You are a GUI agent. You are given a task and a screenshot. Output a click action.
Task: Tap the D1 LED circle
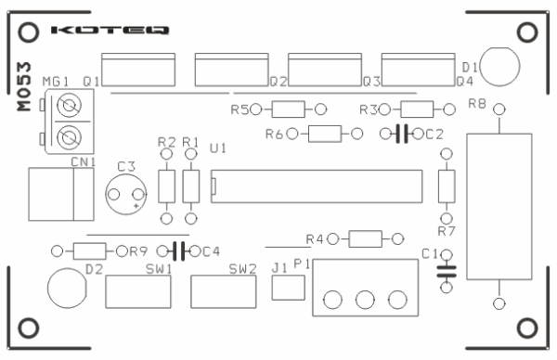pos(500,67)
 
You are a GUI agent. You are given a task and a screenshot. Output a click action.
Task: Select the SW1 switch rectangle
pos(138,293)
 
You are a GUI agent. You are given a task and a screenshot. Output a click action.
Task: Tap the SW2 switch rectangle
pos(224,293)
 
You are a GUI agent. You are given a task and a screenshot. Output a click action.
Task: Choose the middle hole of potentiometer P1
pos(364,300)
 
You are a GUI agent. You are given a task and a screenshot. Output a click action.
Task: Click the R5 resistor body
pos(288,109)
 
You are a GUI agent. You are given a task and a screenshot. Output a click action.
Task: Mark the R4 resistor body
pos(365,239)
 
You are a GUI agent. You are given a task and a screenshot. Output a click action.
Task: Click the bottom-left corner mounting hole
pos(29,328)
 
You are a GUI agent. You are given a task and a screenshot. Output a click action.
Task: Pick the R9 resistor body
pos(89,251)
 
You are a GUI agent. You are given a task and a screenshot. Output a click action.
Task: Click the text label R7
pos(447,230)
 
